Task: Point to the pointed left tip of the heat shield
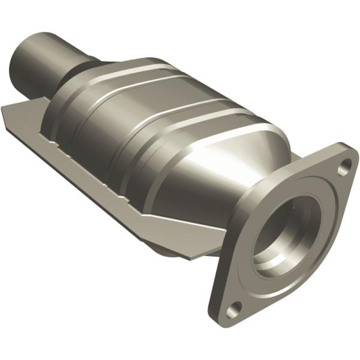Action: click(5, 109)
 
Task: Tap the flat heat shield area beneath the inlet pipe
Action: click(36, 120)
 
